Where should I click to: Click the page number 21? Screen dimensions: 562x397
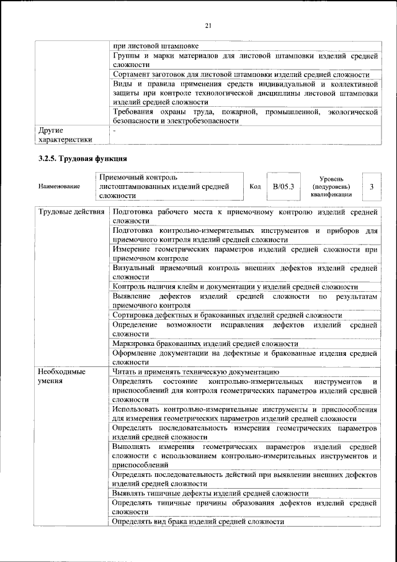(208, 25)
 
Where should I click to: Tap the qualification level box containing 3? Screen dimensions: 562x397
(372, 186)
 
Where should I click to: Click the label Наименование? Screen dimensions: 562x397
(58, 186)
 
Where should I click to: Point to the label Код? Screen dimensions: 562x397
(255, 186)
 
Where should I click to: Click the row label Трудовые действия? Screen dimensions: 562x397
(71, 213)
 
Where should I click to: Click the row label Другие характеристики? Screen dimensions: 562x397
(65, 135)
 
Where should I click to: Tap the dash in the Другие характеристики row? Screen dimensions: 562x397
(115, 130)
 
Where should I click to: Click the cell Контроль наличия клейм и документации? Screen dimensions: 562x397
(235, 286)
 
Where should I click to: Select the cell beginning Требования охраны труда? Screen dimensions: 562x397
(246, 116)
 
